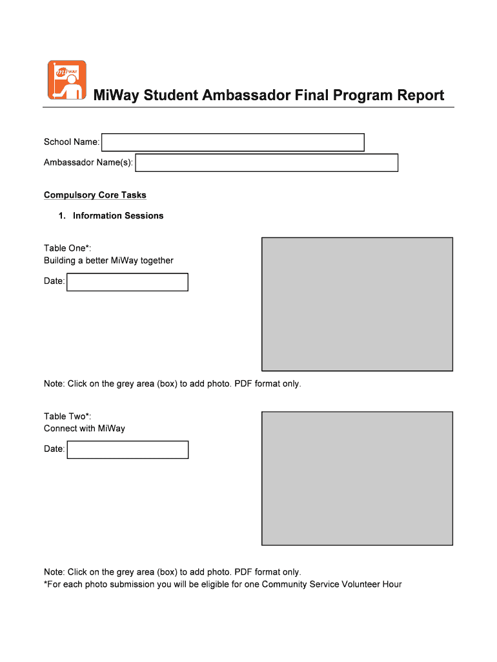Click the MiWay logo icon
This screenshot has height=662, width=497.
click(x=66, y=80)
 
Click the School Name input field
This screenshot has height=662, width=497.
click(x=233, y=142)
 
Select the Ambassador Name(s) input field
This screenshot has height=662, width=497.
click(x=267, y=163)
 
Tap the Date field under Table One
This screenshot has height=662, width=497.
click(x=127, y=282)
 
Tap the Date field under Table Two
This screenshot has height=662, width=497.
click(x=127, y=449)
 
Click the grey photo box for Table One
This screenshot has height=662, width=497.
click(x=357, y=304)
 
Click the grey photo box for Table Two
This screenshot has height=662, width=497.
click(x=357, y=478)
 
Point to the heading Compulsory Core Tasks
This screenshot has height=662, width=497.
click(x=95, y=195)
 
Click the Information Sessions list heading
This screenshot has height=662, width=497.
click(x=118, y=216)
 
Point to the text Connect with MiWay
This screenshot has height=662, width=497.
click(x=85, y=429)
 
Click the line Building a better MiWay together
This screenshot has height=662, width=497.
click(x=108, y=261)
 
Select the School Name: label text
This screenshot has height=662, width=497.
click(x=72, y=142)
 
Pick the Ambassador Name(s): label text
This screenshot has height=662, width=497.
click(x=88, y=163)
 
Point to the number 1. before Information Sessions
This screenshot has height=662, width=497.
click(x=62, y=216)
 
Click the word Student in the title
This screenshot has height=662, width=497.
click(x=172, y=96)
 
